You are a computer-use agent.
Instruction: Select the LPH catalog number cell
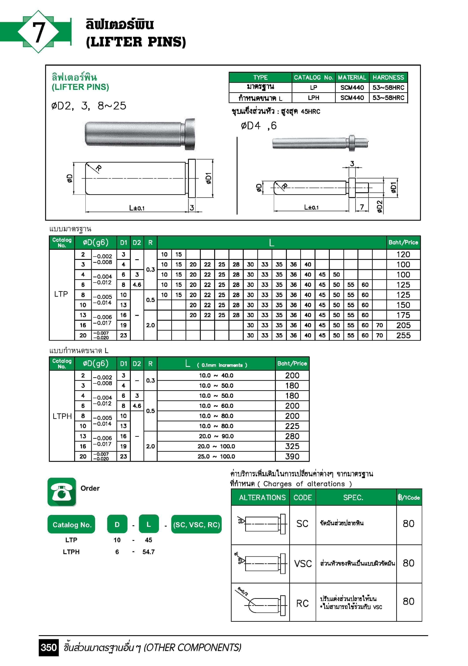[313, 98]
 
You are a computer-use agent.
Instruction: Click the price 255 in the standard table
[403, 335]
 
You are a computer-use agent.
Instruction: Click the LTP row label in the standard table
[61, 294]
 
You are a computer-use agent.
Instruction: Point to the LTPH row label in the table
[62, 416]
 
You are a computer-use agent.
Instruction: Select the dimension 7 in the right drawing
[362, 207]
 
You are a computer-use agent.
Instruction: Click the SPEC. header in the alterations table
[353, 498]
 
